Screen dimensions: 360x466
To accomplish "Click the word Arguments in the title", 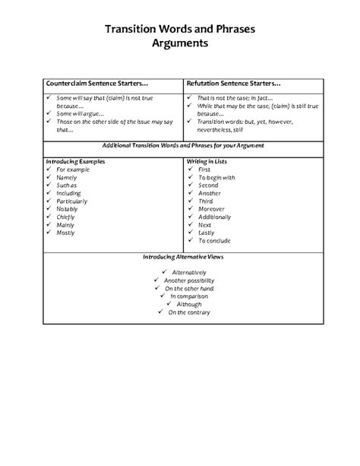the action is [179, 44].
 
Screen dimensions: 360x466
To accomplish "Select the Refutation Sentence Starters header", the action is [233, 83].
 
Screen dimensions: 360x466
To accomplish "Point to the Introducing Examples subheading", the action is [75, 161].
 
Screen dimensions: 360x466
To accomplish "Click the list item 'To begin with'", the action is [216, 177].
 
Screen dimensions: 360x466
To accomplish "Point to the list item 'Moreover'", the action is [213, 209].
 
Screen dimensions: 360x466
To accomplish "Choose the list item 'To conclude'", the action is [214, 240].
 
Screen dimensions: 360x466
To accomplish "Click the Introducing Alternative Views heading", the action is [180, 257].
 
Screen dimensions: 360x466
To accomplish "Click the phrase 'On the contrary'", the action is [189, 312].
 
